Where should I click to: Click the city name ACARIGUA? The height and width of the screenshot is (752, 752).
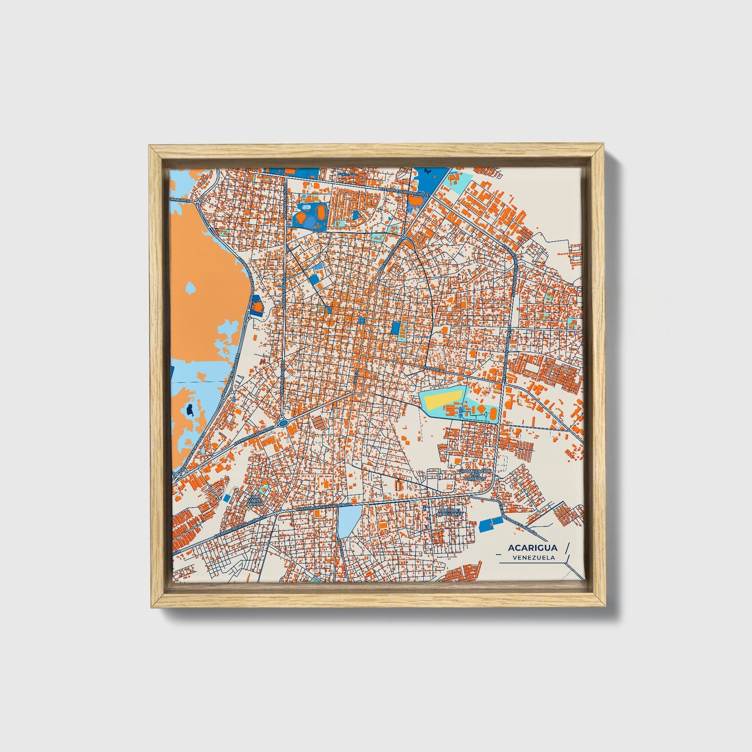tap(525, 547)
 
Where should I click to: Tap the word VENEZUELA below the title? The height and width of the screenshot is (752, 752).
tap(533, 557)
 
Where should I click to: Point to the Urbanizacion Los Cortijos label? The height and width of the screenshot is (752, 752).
tap(475, 474)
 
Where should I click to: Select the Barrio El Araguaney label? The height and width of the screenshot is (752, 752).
tap(450, 514)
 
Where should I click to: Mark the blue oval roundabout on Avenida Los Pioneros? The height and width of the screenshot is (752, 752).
tap(283, 423)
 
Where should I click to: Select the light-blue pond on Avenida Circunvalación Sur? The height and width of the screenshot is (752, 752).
tap(348, 521)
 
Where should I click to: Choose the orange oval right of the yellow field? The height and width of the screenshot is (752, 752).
tap(492, 414)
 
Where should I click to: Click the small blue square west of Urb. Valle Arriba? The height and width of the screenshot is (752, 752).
tap(227, 498)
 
